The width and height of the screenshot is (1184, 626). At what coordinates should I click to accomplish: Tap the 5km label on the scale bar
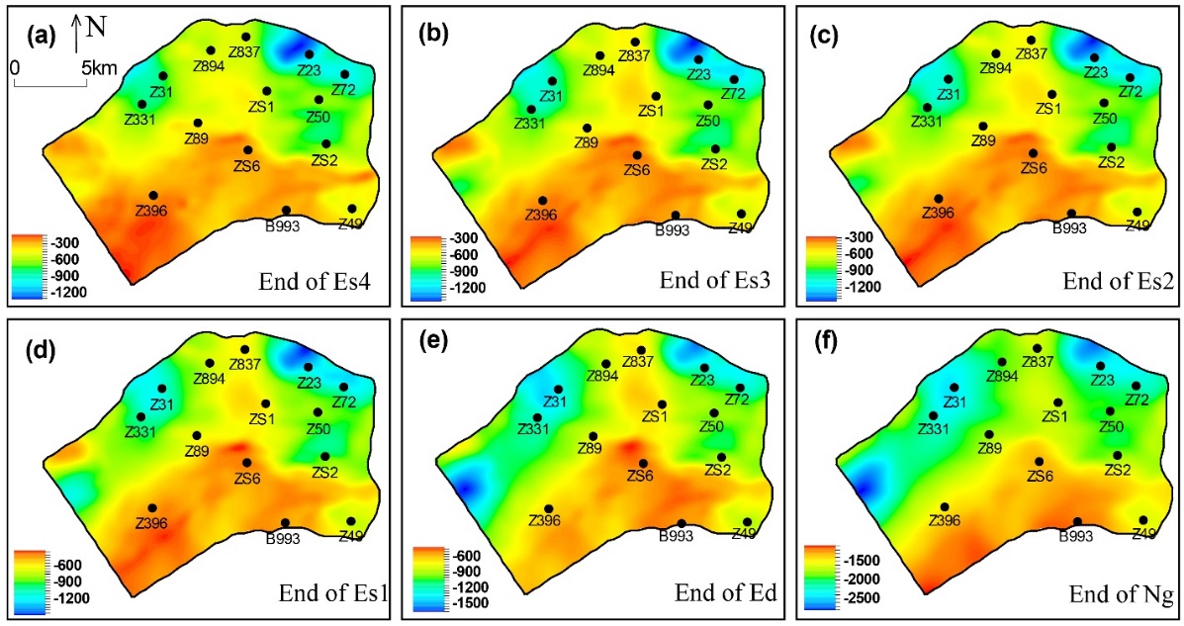point(98,68)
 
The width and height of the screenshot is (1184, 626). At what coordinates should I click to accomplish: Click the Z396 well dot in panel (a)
point(153,196)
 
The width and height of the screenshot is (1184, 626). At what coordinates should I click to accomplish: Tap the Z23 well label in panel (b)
point(699,74)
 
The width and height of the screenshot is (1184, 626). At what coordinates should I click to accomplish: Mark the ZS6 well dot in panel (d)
point(247,463)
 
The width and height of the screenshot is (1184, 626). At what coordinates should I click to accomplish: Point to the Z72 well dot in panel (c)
point(1130,78)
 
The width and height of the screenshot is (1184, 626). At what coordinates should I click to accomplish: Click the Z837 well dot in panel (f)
point(1037,348)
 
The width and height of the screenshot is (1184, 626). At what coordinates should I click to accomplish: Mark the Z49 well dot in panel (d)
point(351,521)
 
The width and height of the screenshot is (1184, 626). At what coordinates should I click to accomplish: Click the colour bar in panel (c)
point(820,265)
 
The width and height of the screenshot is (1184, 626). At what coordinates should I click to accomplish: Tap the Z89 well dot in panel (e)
point(593,436)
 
